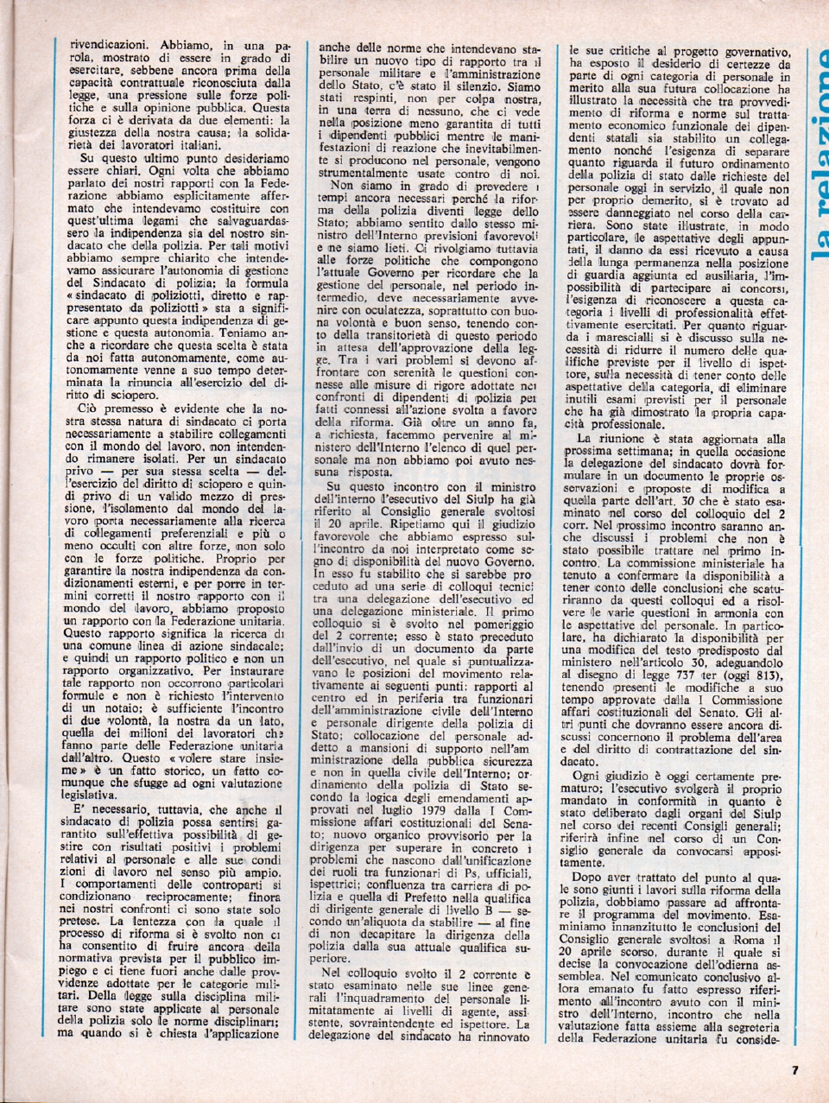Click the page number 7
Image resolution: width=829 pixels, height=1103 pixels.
794,1071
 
